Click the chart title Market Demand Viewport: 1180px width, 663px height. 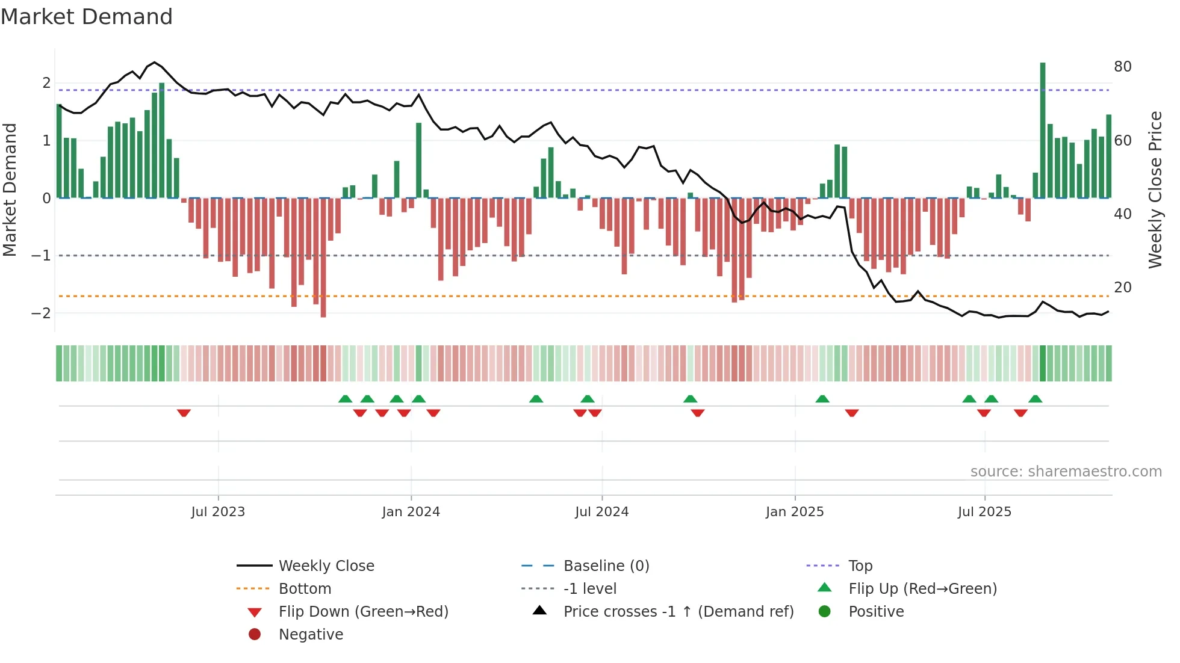click(x=87, y=17)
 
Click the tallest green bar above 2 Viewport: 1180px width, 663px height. click(x=1043, y=129)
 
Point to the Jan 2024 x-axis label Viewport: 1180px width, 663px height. click(x=411, y=512)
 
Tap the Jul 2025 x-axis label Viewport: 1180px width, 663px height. click(x=984, y=512)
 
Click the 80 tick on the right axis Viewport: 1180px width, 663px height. click(x=1122, y=67)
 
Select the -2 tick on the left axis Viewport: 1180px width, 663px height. click(x=41, y=313)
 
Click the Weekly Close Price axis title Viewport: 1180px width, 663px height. click(x=1155, y=190)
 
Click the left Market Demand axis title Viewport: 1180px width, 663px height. click(x=10, y=190)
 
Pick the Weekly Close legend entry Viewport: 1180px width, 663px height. click(x=326, y=566)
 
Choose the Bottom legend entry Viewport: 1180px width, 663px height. click(x=305, y=589)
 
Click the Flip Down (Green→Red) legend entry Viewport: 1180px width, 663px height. click(x=363, y=612)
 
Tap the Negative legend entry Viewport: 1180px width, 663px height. click(x=311, y=635)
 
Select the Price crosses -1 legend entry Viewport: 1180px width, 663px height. click(x=678, y=612)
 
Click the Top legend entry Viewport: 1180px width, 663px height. click(x=860, y=566)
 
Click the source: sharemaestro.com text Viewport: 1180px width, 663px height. click(x=1066, y=472)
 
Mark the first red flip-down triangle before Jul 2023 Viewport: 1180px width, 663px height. click(x=184, y=413)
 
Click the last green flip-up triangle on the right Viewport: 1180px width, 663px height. click(x=1035, y=399)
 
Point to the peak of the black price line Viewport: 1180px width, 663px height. click(x=155, y=62)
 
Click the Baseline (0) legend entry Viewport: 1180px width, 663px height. click(x=606, y=566)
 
